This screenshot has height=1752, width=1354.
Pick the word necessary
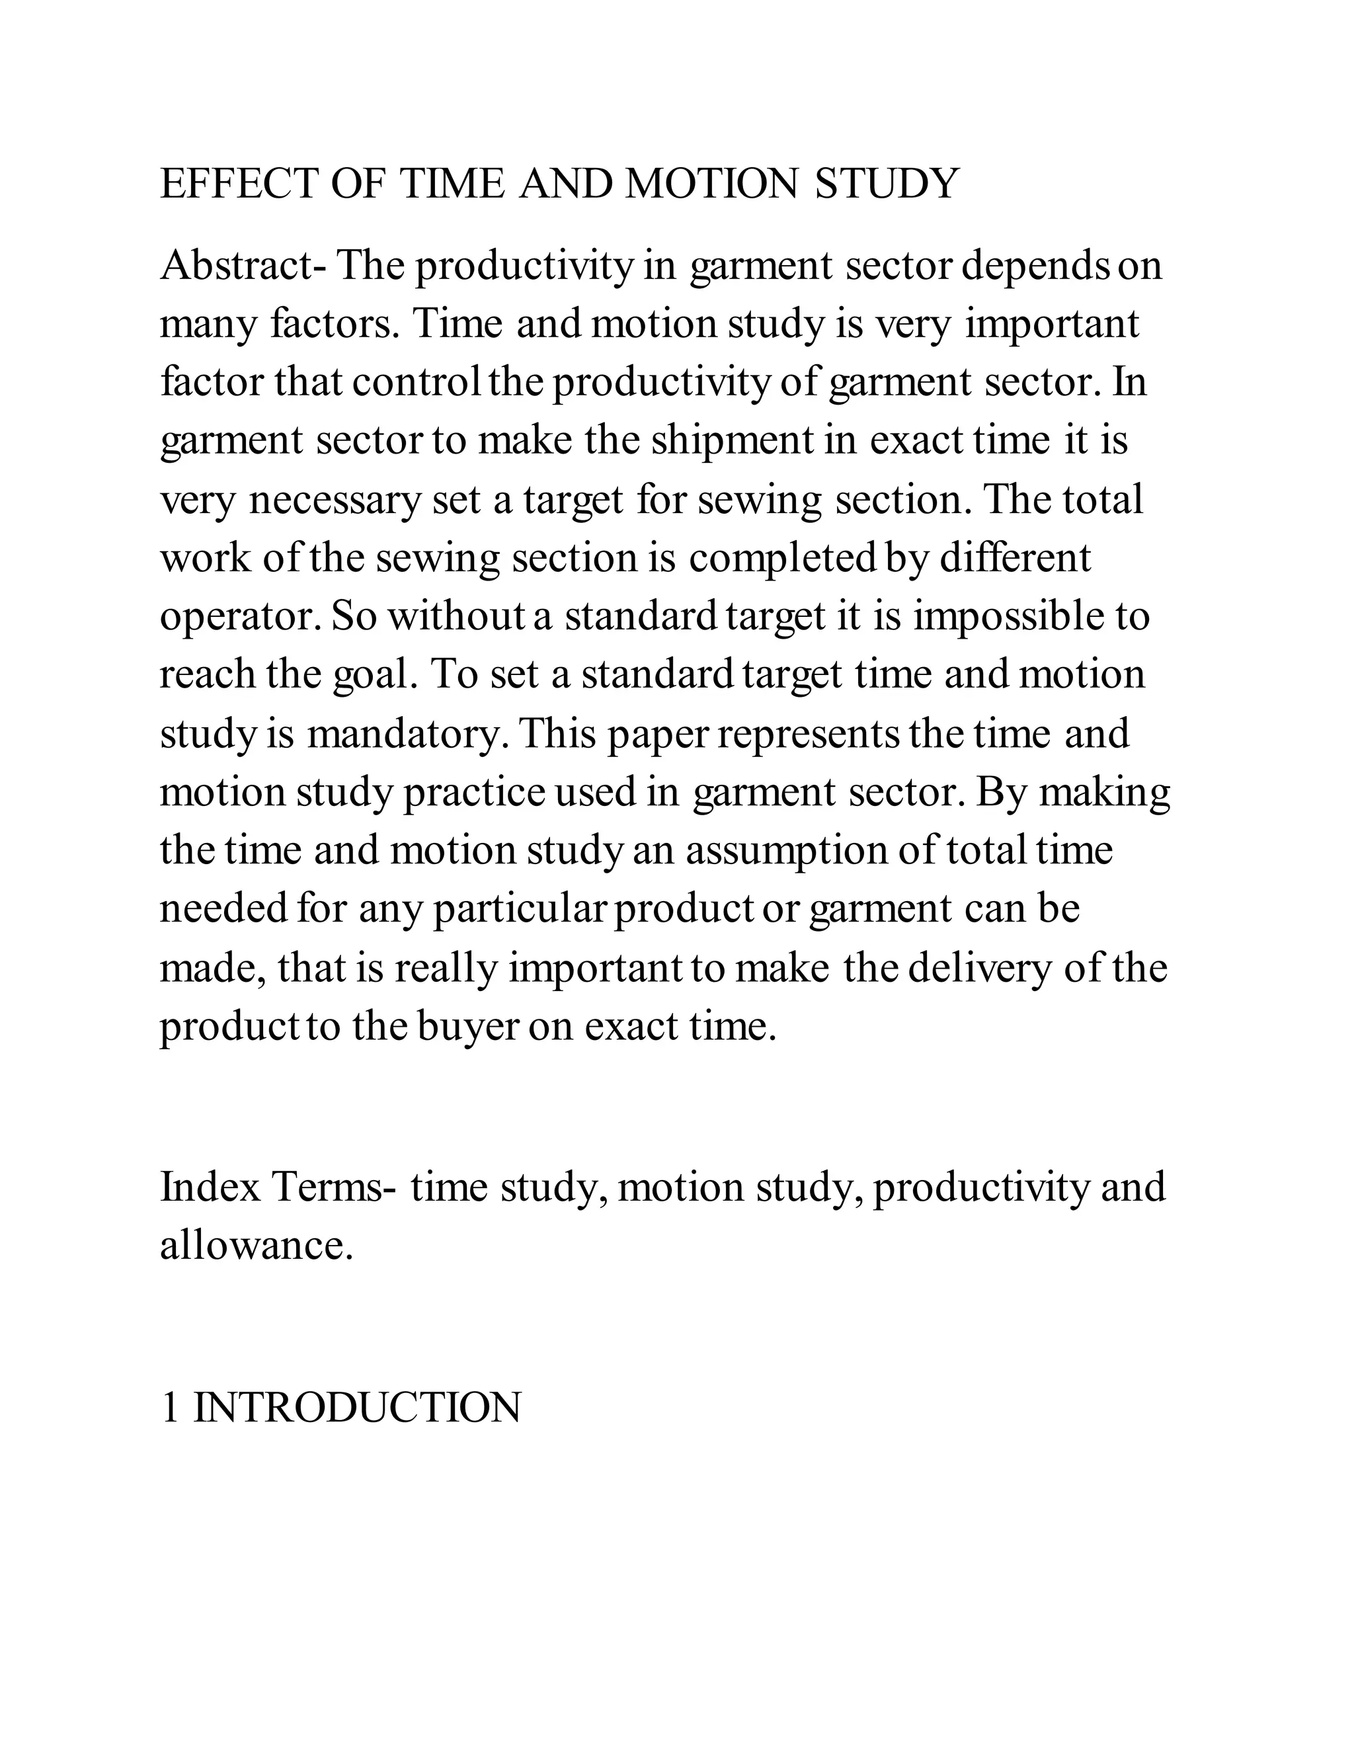tap(335, 500)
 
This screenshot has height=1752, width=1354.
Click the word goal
tap(376, 674)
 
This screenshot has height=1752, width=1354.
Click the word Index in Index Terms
tap(211, 1187)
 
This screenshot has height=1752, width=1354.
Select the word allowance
tap(256, 1245)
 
